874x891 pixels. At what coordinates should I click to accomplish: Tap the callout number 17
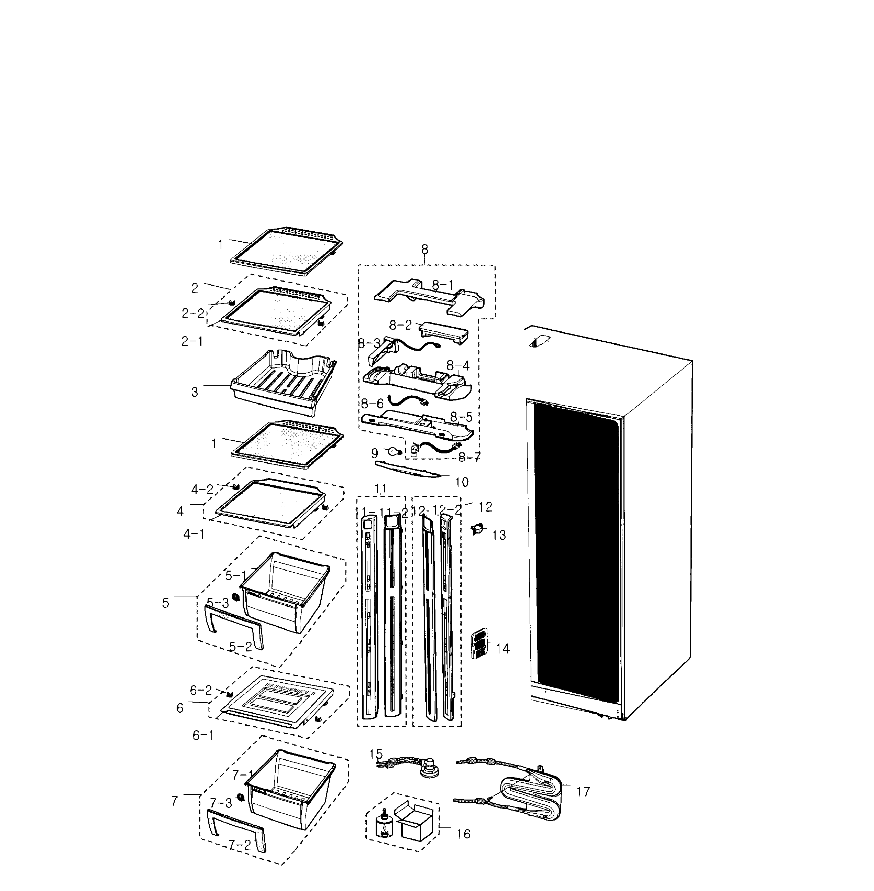click(x=583, y=792)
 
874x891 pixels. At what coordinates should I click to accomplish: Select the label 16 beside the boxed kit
click(x=464, y=834)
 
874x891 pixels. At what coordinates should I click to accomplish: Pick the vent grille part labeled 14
click(x=479, y=644)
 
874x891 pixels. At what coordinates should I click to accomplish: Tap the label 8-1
click(x=443, y=285)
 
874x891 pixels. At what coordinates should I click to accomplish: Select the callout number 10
click(x=462, y=482)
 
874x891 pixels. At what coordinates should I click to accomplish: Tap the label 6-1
click(x=202, y=735)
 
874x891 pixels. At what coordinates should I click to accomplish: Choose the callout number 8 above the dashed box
click(x=424, y=249)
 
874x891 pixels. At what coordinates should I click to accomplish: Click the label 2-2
click(x=193, y=313)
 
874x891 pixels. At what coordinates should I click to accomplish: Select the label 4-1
click(x=194, y=534)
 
